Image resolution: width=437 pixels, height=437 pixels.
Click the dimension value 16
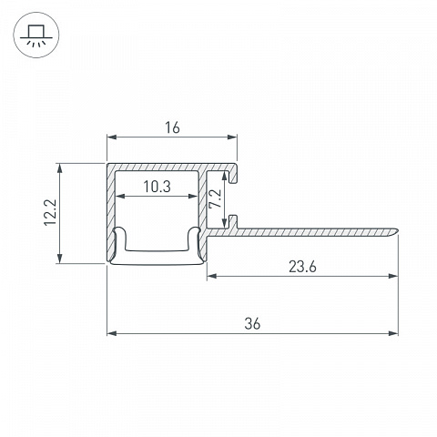(x=172, y=127)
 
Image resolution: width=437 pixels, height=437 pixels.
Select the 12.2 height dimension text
(x=50, y=212)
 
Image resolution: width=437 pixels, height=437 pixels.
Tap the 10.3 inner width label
(x=158, y=187)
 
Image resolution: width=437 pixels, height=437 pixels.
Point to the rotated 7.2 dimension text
(x=215, y=198)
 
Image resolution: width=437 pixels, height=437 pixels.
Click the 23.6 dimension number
(x=302, y=267)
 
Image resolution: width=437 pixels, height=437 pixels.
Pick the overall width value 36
(x=252, y=324)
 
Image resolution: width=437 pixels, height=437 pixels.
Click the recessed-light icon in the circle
(x=36, y=36)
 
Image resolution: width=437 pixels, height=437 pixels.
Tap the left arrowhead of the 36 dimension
(x=112, y=333)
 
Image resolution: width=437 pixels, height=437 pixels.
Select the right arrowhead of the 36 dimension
(x=393, y=333)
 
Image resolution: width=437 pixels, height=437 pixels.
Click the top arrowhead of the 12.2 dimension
(x=60, y=168)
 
